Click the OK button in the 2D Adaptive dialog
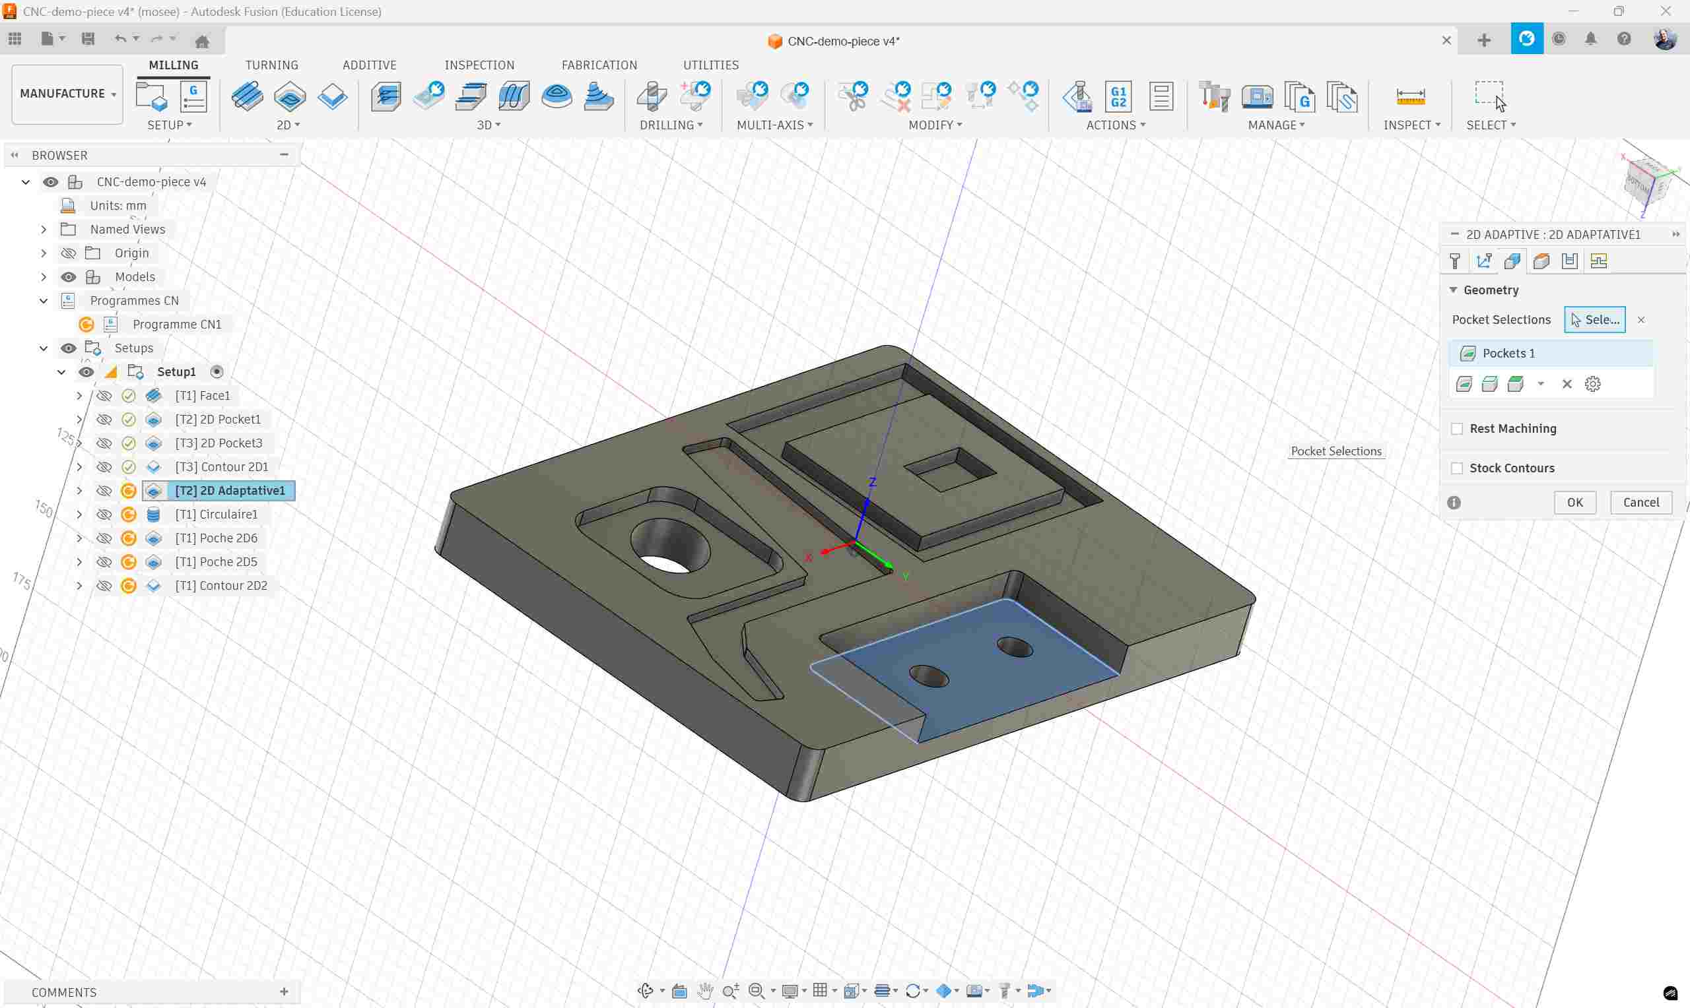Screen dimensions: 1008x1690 1574,502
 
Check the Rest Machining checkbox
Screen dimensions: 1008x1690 1457,429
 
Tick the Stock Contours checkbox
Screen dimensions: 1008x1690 1457,468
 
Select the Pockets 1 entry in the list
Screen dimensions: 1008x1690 1508,353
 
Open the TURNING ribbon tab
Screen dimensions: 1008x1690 271,65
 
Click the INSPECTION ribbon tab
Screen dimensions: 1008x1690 479,65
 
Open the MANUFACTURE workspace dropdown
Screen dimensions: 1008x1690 67,94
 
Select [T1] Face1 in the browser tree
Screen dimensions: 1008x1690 202,395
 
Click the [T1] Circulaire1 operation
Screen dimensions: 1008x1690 216,514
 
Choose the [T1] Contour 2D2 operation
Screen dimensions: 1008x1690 221,586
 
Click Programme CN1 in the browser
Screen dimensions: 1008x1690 177,324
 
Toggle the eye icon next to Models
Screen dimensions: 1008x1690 69,276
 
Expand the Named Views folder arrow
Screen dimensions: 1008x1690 44,229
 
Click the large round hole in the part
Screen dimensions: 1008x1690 669,548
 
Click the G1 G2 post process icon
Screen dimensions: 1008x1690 1118,96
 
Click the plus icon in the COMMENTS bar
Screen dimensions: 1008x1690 284,992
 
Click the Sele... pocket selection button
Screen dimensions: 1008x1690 1594,319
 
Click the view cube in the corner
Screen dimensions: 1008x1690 1646,182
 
